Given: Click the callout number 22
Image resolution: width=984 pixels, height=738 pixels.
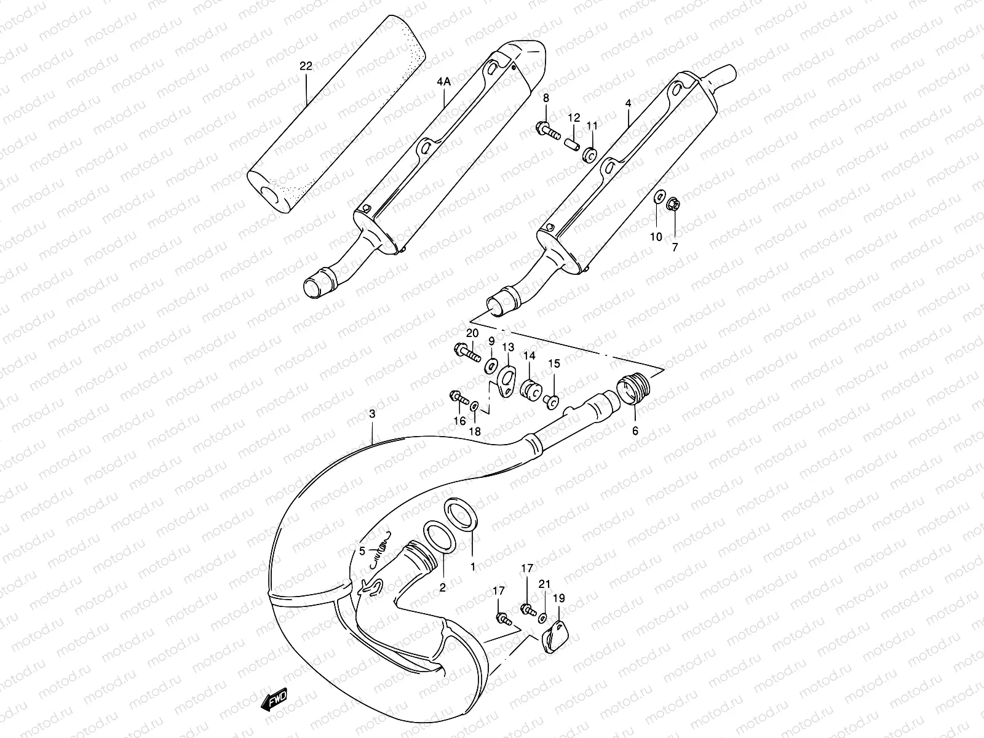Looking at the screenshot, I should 306,66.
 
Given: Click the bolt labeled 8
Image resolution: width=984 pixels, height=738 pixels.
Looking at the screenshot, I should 547,130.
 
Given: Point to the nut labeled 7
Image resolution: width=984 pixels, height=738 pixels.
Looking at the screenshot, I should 674,203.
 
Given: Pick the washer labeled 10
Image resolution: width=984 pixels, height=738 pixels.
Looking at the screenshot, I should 657,197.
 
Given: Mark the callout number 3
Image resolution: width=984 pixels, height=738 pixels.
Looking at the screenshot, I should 372,415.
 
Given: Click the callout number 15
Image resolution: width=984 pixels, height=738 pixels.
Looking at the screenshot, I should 554,364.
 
